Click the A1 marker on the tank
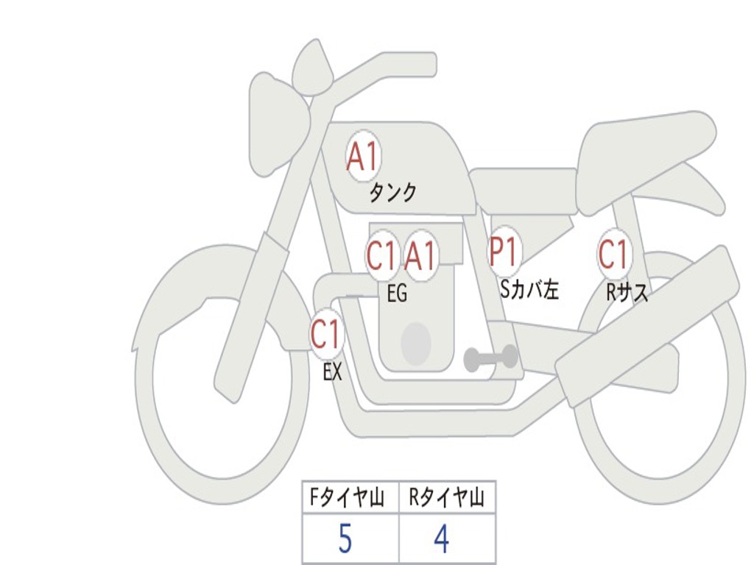pos(362,156)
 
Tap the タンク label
pos(392,193)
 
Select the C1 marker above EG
pos(381,257)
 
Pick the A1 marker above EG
pos(421,257)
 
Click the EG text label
pos(397,294)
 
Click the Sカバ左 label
pos(529,290)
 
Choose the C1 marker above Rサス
pos(613,254)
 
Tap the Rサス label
pos(627,293)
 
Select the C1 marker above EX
pos(326,335)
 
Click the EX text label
pos(333,372)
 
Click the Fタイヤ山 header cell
pos(350,498)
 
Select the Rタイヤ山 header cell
pos(447,498)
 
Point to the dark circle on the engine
pos(415,343)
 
